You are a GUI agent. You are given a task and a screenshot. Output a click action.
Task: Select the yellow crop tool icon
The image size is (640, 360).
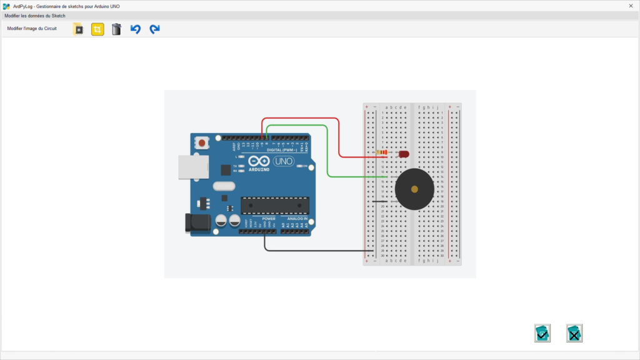click(97, 29)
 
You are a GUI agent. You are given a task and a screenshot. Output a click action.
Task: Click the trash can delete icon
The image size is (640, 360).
click(116, 29)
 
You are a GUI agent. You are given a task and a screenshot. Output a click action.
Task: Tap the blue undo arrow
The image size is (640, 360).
click(136, 29)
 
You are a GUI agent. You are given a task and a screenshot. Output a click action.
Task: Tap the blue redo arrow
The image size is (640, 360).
click(154, 29)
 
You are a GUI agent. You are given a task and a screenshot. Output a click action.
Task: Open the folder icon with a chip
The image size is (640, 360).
click(78, 29)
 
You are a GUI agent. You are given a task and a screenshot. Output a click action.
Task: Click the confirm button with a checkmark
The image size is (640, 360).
click(542, 333)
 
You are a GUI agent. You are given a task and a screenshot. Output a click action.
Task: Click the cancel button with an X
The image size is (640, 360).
click(574, 333)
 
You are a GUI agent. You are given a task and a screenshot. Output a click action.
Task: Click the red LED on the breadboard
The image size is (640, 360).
click(403, 153)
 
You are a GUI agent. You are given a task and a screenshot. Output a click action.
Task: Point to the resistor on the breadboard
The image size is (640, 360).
click(382, 152)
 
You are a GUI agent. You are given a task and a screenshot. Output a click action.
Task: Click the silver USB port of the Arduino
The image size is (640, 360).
click(191, 167)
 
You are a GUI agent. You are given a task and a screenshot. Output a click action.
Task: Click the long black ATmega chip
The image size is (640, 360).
click(275, 205)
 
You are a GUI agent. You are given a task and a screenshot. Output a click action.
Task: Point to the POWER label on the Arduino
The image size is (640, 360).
click(269, 219)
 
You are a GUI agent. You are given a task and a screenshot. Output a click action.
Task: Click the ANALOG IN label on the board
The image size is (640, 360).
click(297, 219)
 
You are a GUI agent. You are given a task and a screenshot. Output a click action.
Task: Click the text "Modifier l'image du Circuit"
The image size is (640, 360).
click(32, 29)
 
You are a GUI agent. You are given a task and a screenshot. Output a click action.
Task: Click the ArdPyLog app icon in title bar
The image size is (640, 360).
click(6, 6)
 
